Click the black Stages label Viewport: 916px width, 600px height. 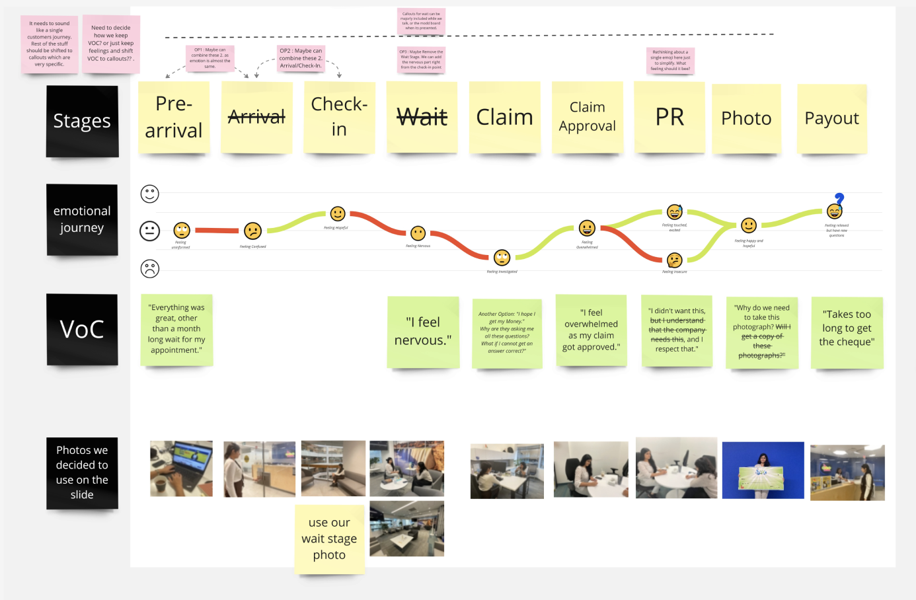pos(82,121)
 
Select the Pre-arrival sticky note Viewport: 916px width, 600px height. pos(174,117)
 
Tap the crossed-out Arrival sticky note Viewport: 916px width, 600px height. pos(256,117)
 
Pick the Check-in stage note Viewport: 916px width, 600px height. pos(339,117)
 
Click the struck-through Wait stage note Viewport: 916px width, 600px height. pos(422,117)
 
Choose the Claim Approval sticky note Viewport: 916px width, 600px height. pos(587,117)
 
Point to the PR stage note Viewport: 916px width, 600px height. pos(669,117)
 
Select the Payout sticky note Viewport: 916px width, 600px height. pos(831,118)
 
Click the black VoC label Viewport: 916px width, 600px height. pos(82,329)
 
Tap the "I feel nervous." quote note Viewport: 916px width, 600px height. pos(423,332)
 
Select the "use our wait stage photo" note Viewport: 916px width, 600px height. pos(329,539)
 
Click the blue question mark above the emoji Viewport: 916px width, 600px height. pos(839,198)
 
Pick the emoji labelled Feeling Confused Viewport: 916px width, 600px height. pos(252,231)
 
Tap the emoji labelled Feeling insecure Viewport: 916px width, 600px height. pos(674,260)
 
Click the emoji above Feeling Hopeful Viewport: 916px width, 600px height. pos(338,213)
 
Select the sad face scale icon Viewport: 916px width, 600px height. pos(150,268)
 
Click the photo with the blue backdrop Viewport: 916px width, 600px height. pos(763,470)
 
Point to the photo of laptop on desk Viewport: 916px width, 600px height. pos(181,469)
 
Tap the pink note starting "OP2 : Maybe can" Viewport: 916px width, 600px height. pos(301,58)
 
